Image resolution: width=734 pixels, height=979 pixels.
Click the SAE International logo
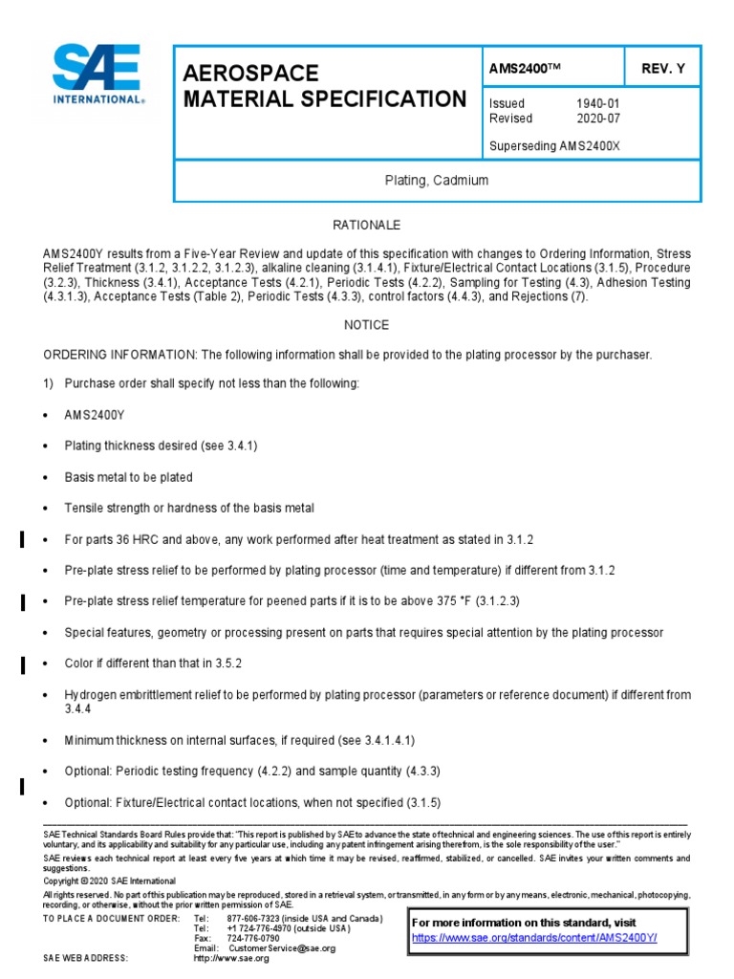pos(97,74)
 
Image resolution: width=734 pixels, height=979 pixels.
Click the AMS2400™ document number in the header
pos(523,69)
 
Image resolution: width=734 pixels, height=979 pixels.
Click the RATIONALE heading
pos(366,225)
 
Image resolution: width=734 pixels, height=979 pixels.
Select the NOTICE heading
pos(366,325)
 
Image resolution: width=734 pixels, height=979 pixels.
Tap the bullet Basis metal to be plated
pos(128,477)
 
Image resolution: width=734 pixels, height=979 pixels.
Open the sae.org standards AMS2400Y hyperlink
pos(548,938)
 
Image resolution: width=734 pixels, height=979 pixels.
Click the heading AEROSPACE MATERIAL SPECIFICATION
pos(323,86)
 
